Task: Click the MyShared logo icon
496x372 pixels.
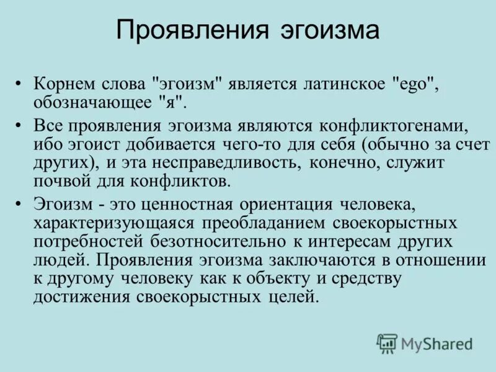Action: coord(387,343)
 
